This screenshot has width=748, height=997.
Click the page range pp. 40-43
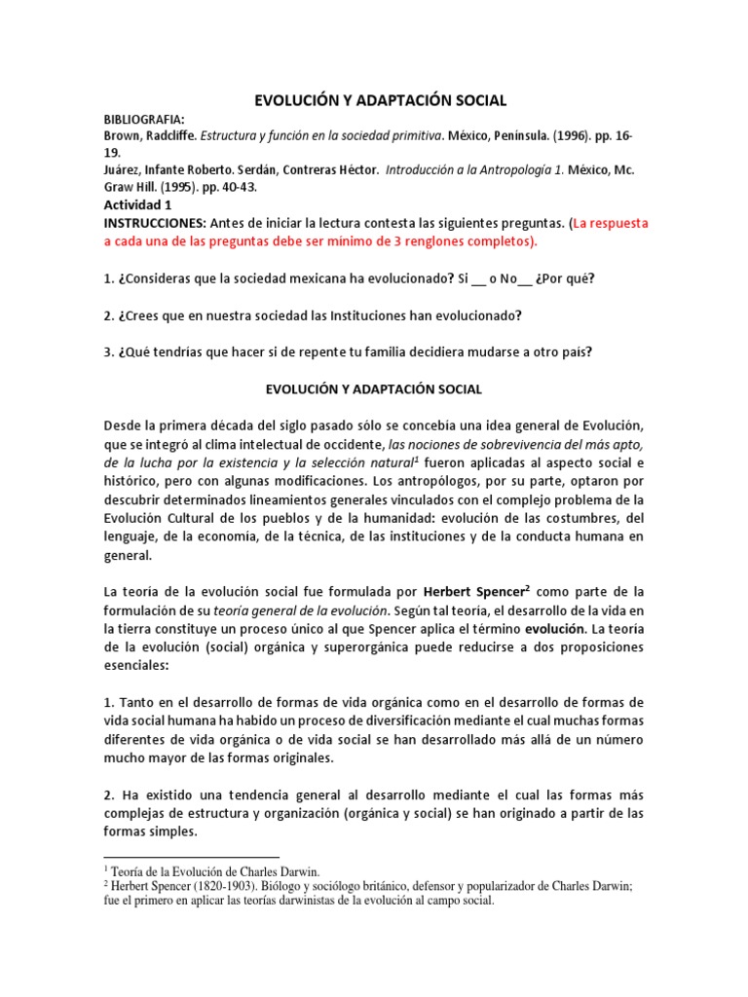click(x=232, y=187)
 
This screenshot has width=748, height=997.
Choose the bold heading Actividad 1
click(x=137, y=205)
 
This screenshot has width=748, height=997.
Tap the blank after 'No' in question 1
click(x=525, y=279)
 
